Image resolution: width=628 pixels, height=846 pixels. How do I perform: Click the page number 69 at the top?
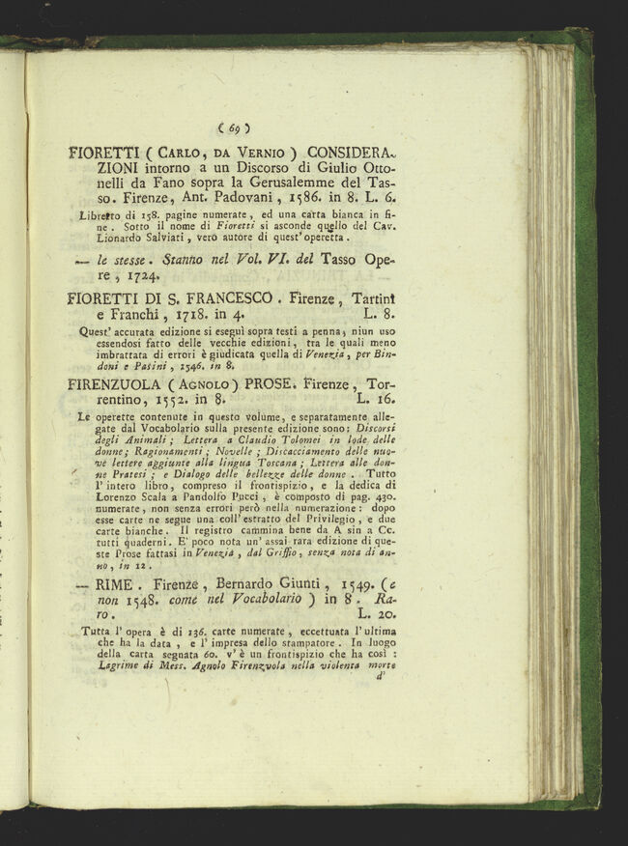click(234, 127)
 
